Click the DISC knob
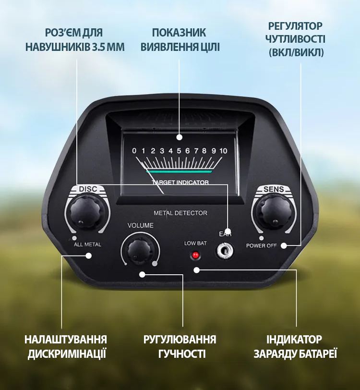click(x=85, y=211)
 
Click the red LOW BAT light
click(x=195, y=255)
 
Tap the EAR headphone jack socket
click(x=225, y=250)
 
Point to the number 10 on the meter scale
click(x=223, y=151)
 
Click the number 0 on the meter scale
click(x=134, y=151)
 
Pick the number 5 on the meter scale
click(x=179, y=151)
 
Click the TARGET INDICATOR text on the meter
click(x=180, y=182)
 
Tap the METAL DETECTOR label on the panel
click(x=180, y=213)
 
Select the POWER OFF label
click(x=261, y=245)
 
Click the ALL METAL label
click(x=87, y=244)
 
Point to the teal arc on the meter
click(x=179, y=171)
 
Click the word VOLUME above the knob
click(x=140, y=225)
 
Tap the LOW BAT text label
click(x=195, y=243)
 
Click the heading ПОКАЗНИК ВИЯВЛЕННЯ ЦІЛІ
click(x=180, y=40)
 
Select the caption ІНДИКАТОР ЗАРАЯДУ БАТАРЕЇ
click(x=295, y=346)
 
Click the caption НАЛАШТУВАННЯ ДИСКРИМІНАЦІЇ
click(x=66, y=346)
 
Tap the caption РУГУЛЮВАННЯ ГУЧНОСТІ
click(x=180, y=346)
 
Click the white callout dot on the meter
click(x=180, y=137)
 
